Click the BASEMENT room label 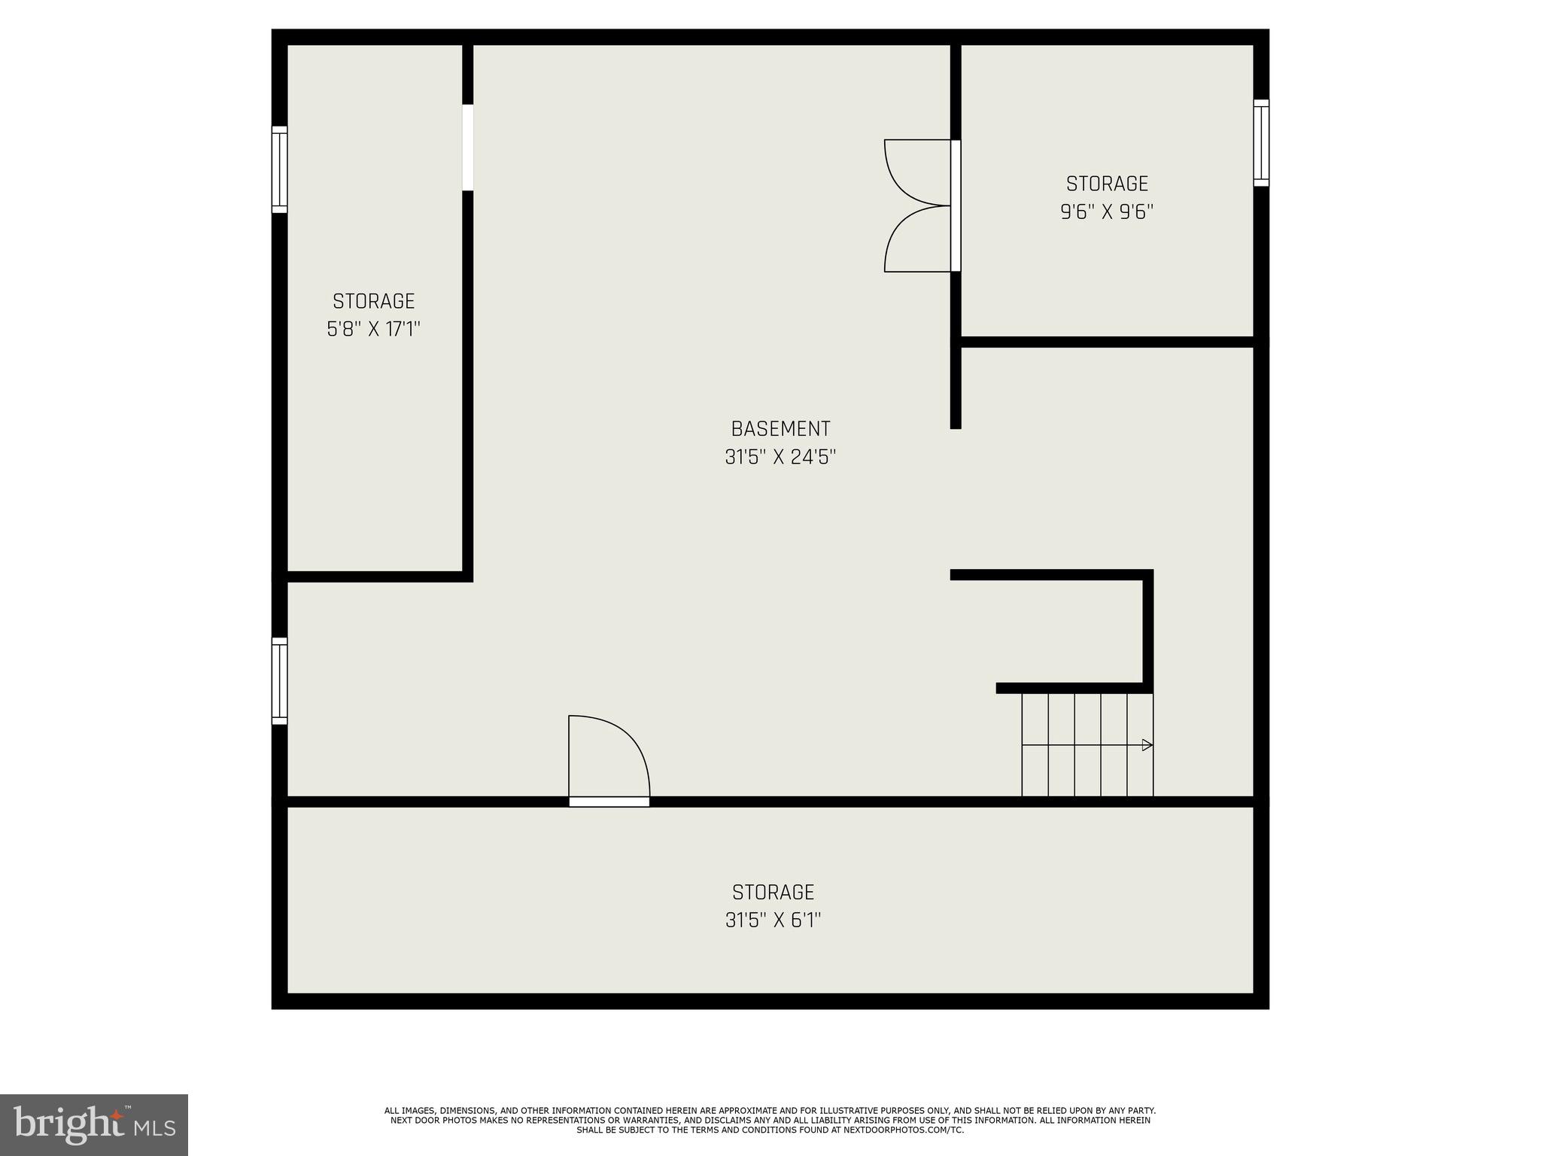(780, 429)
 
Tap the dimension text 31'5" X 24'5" (780, 457)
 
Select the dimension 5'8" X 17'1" (373, 329)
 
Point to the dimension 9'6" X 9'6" (1107, 211)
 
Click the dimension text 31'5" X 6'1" (773, 920)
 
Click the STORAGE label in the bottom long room (773, 892)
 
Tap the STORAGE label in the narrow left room (373, 301)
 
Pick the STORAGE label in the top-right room (1107, 184)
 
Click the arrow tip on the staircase (1147, 745)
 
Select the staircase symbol (1087, 745)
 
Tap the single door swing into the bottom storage (608, 759)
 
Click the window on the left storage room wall (279, 169)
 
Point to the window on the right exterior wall (1261, 143)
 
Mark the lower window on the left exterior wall (279, 681)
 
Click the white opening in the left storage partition (467, 148)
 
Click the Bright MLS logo (94, 1124)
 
